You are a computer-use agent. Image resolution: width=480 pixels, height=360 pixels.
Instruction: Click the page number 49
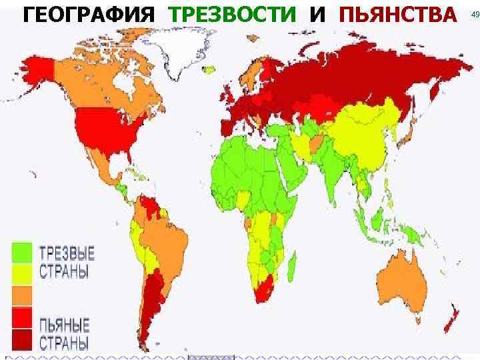[x=475, y=14]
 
